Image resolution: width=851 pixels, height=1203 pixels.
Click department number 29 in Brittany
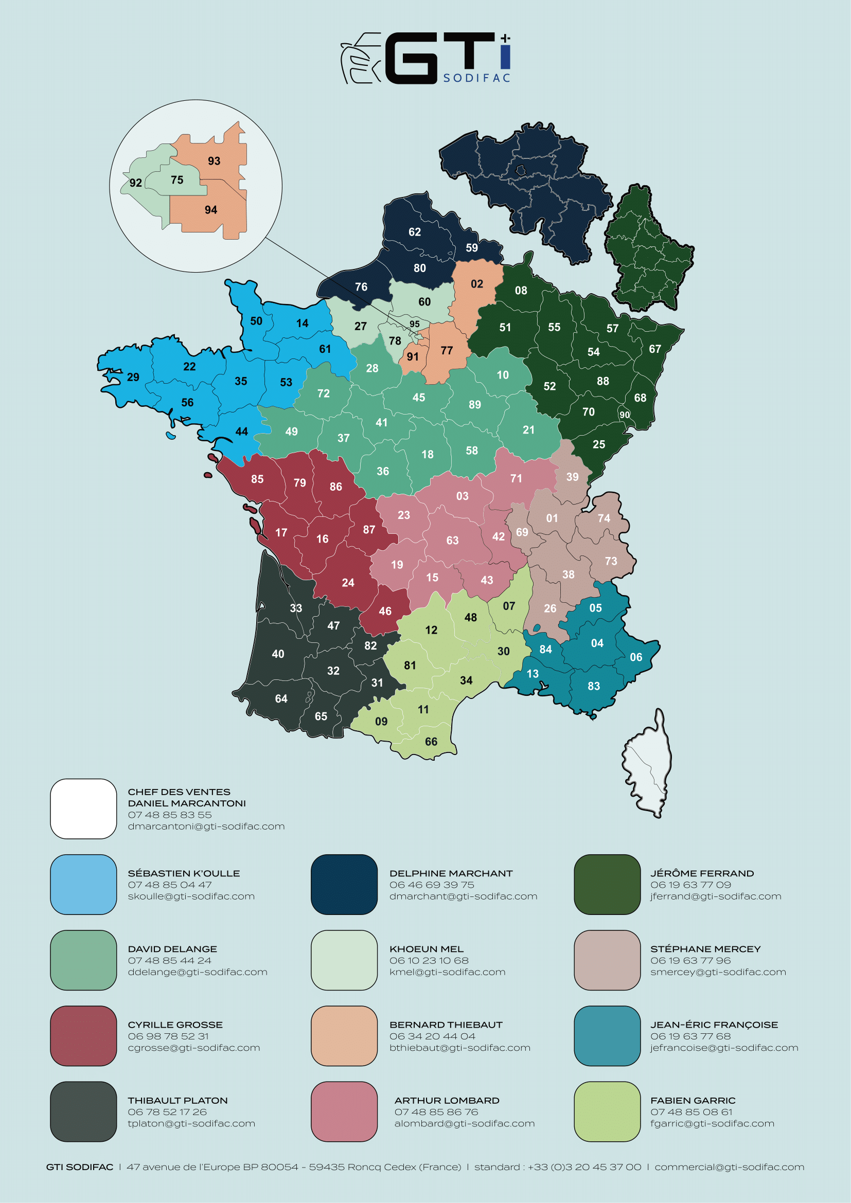point(133,376)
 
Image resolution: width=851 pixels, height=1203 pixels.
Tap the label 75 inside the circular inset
point(177,179)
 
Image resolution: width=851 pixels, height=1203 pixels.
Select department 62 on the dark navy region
point(415,231)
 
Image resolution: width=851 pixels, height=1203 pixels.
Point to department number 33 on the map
point(296,608)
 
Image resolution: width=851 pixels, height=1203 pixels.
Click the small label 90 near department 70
point(625,415)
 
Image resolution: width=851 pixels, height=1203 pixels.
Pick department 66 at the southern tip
point(431,742)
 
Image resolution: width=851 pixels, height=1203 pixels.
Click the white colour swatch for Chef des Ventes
point(83,809)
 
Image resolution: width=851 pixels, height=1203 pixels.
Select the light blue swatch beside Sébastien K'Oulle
point(83,885)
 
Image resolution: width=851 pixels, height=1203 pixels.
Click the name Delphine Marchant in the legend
point(451,873)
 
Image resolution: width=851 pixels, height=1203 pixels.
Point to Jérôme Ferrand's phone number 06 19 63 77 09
point(690,885)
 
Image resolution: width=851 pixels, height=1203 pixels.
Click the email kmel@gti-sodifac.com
point(447,972)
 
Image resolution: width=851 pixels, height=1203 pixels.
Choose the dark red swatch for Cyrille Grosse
point(83,1036)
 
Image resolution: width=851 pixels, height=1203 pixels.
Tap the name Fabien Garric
point(692,1100)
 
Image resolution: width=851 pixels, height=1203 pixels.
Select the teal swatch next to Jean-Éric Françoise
point(607,1036)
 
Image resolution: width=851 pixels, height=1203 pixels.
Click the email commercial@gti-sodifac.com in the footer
point(729,1167)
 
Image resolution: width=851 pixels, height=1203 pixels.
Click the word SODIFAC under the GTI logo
point(476,78)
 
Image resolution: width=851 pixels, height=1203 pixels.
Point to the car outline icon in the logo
point(361,58)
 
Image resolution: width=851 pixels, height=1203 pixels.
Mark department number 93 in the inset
point(214,161)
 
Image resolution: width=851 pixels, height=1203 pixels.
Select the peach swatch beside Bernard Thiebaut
point(344,1036)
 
